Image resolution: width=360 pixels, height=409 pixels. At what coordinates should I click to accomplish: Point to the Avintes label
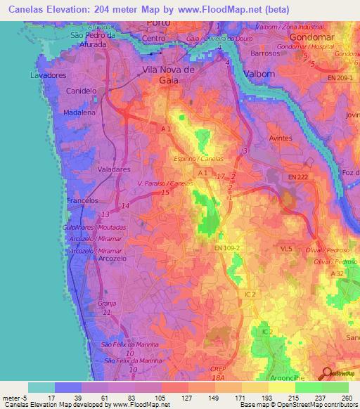[281, 138]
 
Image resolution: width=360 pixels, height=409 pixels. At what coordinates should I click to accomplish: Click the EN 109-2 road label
[228, 247]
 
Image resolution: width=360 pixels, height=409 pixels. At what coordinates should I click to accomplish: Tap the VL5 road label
[285, 249]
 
